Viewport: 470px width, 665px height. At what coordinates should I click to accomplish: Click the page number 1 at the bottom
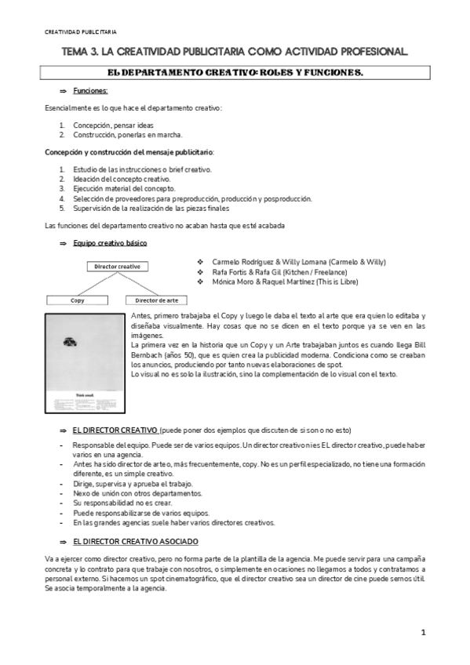click(423, 632)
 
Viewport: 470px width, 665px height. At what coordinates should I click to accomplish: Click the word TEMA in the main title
click(77, 52)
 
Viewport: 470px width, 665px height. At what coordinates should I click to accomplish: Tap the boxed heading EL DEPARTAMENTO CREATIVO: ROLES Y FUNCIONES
click(235, 73)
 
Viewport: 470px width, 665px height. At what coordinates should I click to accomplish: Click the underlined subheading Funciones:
click(96, 92)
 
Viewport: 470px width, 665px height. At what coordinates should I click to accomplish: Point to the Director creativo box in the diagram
click(118, 266)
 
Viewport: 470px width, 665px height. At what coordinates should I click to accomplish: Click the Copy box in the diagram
click(78, 300)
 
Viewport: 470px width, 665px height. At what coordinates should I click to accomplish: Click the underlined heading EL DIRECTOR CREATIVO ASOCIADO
click(135, 542)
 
